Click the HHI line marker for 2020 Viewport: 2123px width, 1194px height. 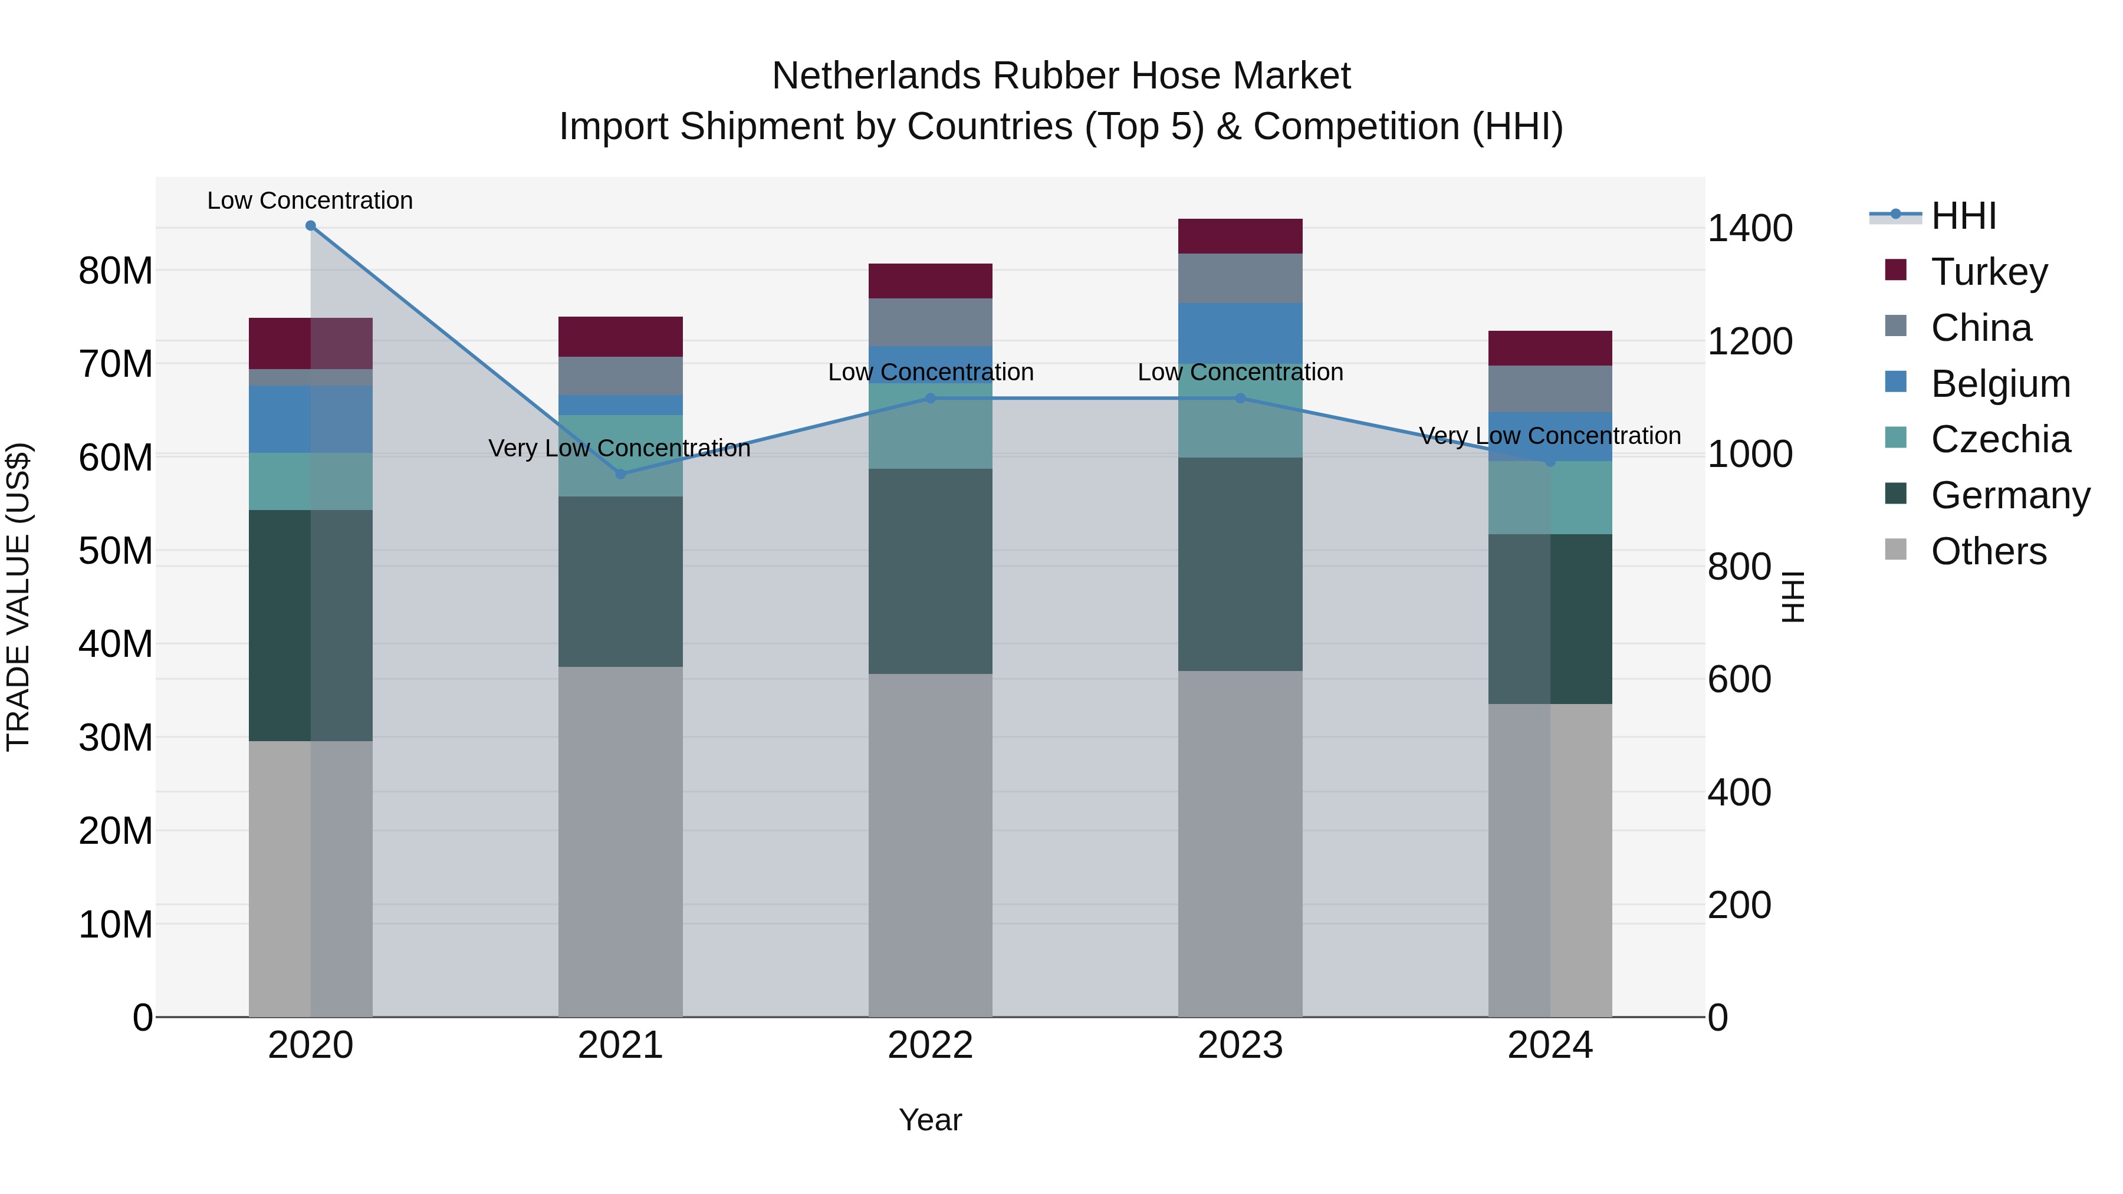point(311,226)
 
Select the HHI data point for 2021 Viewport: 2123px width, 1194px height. point(620,474)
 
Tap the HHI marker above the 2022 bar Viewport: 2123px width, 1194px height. point(931,398)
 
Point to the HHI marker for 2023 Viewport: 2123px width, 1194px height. point(1240,398)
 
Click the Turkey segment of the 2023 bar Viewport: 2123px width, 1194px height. point(1240,236)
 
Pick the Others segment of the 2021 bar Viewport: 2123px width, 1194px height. point(620,840)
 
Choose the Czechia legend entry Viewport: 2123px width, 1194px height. point(2000,439)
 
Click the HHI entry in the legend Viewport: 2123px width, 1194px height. point(1963,216)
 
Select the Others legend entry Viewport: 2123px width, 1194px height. point(1988,551)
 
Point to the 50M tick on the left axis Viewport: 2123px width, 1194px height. point(116,551)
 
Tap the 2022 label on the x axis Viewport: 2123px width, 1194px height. point(931,1045)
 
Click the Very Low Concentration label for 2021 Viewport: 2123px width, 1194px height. point(620,448)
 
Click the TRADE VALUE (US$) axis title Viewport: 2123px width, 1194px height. point(18,597)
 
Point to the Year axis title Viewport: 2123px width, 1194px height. point(931,1120)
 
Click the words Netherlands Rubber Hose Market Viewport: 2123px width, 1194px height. point(1061,76)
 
